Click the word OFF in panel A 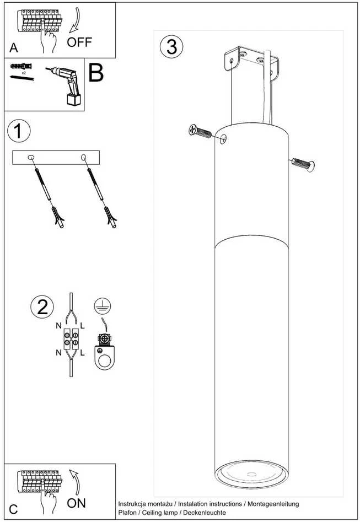(x=79, y=42)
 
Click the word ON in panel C (x=76, y=503)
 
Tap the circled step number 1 (x=19, y=131)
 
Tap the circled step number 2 (x=42, y=307)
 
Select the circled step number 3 (x=171, y=47)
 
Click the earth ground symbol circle (x=102, y=306)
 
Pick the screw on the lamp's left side (x=200, y=131)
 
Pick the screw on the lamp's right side (x=303, y=164)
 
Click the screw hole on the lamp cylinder (x=224, y=139)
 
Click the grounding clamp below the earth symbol (x=105, y=352)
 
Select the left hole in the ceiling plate (x=31, y=157)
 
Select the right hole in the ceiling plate (x=84, y=157)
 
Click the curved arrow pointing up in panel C (x=76, y=482)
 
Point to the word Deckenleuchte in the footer (x=205, y=513)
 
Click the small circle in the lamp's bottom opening (x=251, y=473)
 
